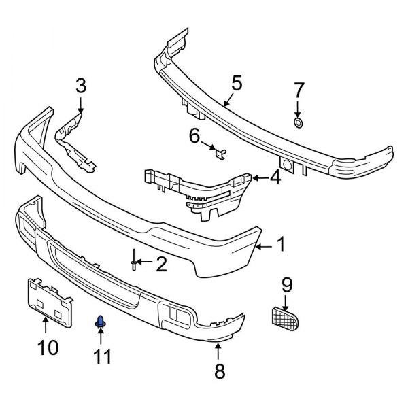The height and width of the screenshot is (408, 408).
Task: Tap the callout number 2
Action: point(160,264)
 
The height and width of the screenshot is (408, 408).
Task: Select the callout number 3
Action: point(81,86)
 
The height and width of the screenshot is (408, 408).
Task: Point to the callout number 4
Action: point(275,178)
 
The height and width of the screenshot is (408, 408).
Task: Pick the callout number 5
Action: point(236,84)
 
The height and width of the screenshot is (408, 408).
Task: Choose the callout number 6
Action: point(194,137)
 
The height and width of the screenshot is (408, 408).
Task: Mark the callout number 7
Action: point(299,90)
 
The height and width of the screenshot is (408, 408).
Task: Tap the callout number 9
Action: point(286,283)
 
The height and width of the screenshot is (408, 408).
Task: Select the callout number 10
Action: point(48,347)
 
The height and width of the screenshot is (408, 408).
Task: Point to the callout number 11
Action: point(101,354)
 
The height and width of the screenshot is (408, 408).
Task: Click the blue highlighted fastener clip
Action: point(101,322)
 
